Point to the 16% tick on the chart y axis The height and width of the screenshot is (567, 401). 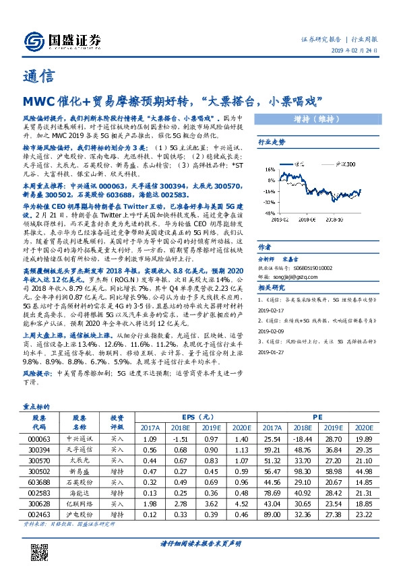[x=268, y=170]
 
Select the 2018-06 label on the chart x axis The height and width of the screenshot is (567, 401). [x=306, y=218]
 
